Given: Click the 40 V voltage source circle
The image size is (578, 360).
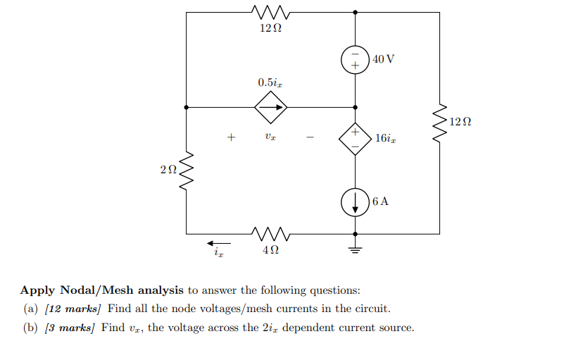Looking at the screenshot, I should (355, 61).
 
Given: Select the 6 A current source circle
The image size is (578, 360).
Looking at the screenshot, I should (355, 202).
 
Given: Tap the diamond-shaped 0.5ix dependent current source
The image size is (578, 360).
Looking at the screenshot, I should (271, 108).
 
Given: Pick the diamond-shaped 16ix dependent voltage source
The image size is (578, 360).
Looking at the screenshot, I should (355, 139).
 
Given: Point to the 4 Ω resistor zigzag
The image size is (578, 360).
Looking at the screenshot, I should (270, 232).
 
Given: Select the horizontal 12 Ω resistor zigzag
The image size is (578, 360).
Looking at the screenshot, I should (270, 12).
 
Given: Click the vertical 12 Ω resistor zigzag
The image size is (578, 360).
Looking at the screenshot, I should (439, 123).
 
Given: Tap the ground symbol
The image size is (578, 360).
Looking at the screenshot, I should (355, 247).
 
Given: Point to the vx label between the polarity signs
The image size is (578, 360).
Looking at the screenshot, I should (270, 137).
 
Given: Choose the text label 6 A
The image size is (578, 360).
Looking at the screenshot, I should (380, 201).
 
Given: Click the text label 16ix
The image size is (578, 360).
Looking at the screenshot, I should (385, 139).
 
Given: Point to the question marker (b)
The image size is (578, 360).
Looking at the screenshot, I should (31, 328).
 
